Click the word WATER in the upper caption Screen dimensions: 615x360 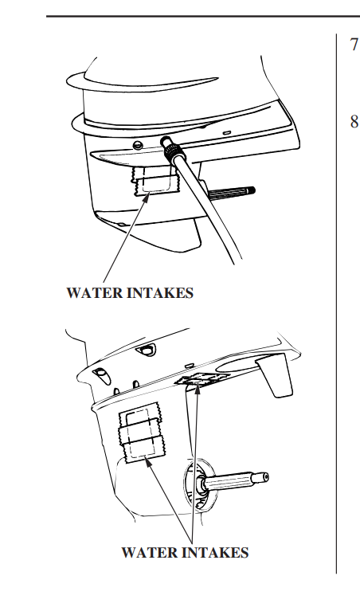[x=94, y=293]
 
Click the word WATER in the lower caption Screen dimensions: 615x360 [x=149, y=552]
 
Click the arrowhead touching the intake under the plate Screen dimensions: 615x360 [x=196, y=389]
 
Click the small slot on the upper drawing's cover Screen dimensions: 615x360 [x=228, y=131]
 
